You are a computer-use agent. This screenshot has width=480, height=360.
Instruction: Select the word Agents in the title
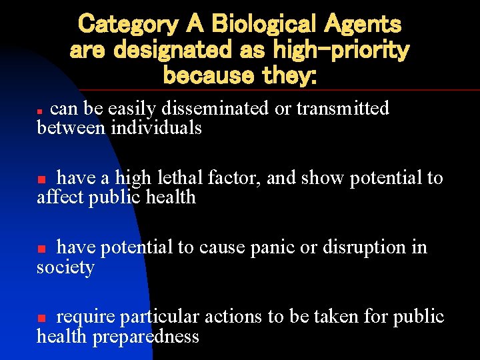point(363,25)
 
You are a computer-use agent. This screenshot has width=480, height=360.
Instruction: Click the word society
point(65,268)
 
